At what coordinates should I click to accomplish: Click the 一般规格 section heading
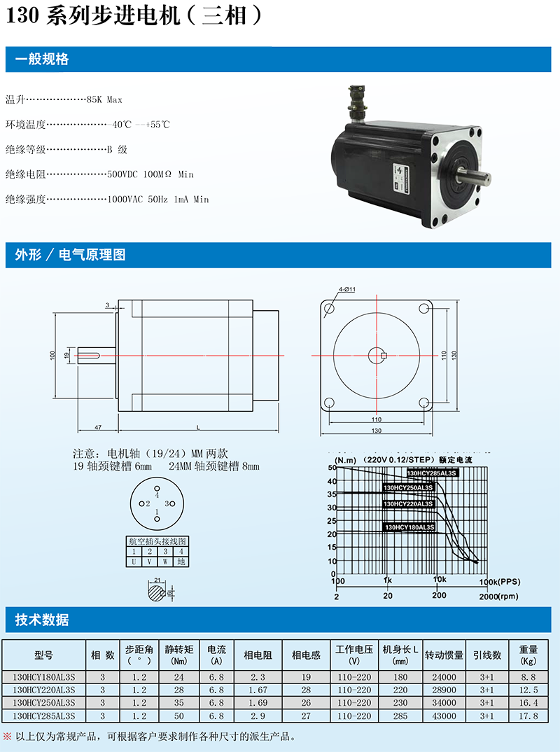pos(42,60)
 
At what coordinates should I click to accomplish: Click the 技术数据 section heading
pos(42,620)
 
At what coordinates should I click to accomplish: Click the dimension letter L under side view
pos(199,426)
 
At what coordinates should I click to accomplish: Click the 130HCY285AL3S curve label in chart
pos(431,473)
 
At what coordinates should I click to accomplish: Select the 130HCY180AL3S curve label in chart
pos(409,527)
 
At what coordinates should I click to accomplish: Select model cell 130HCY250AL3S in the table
pos(43,702)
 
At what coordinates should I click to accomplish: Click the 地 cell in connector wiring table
pos(181,562)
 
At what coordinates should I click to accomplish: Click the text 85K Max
pos(104,100)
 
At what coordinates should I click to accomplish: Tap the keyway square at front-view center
pos(384,358)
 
